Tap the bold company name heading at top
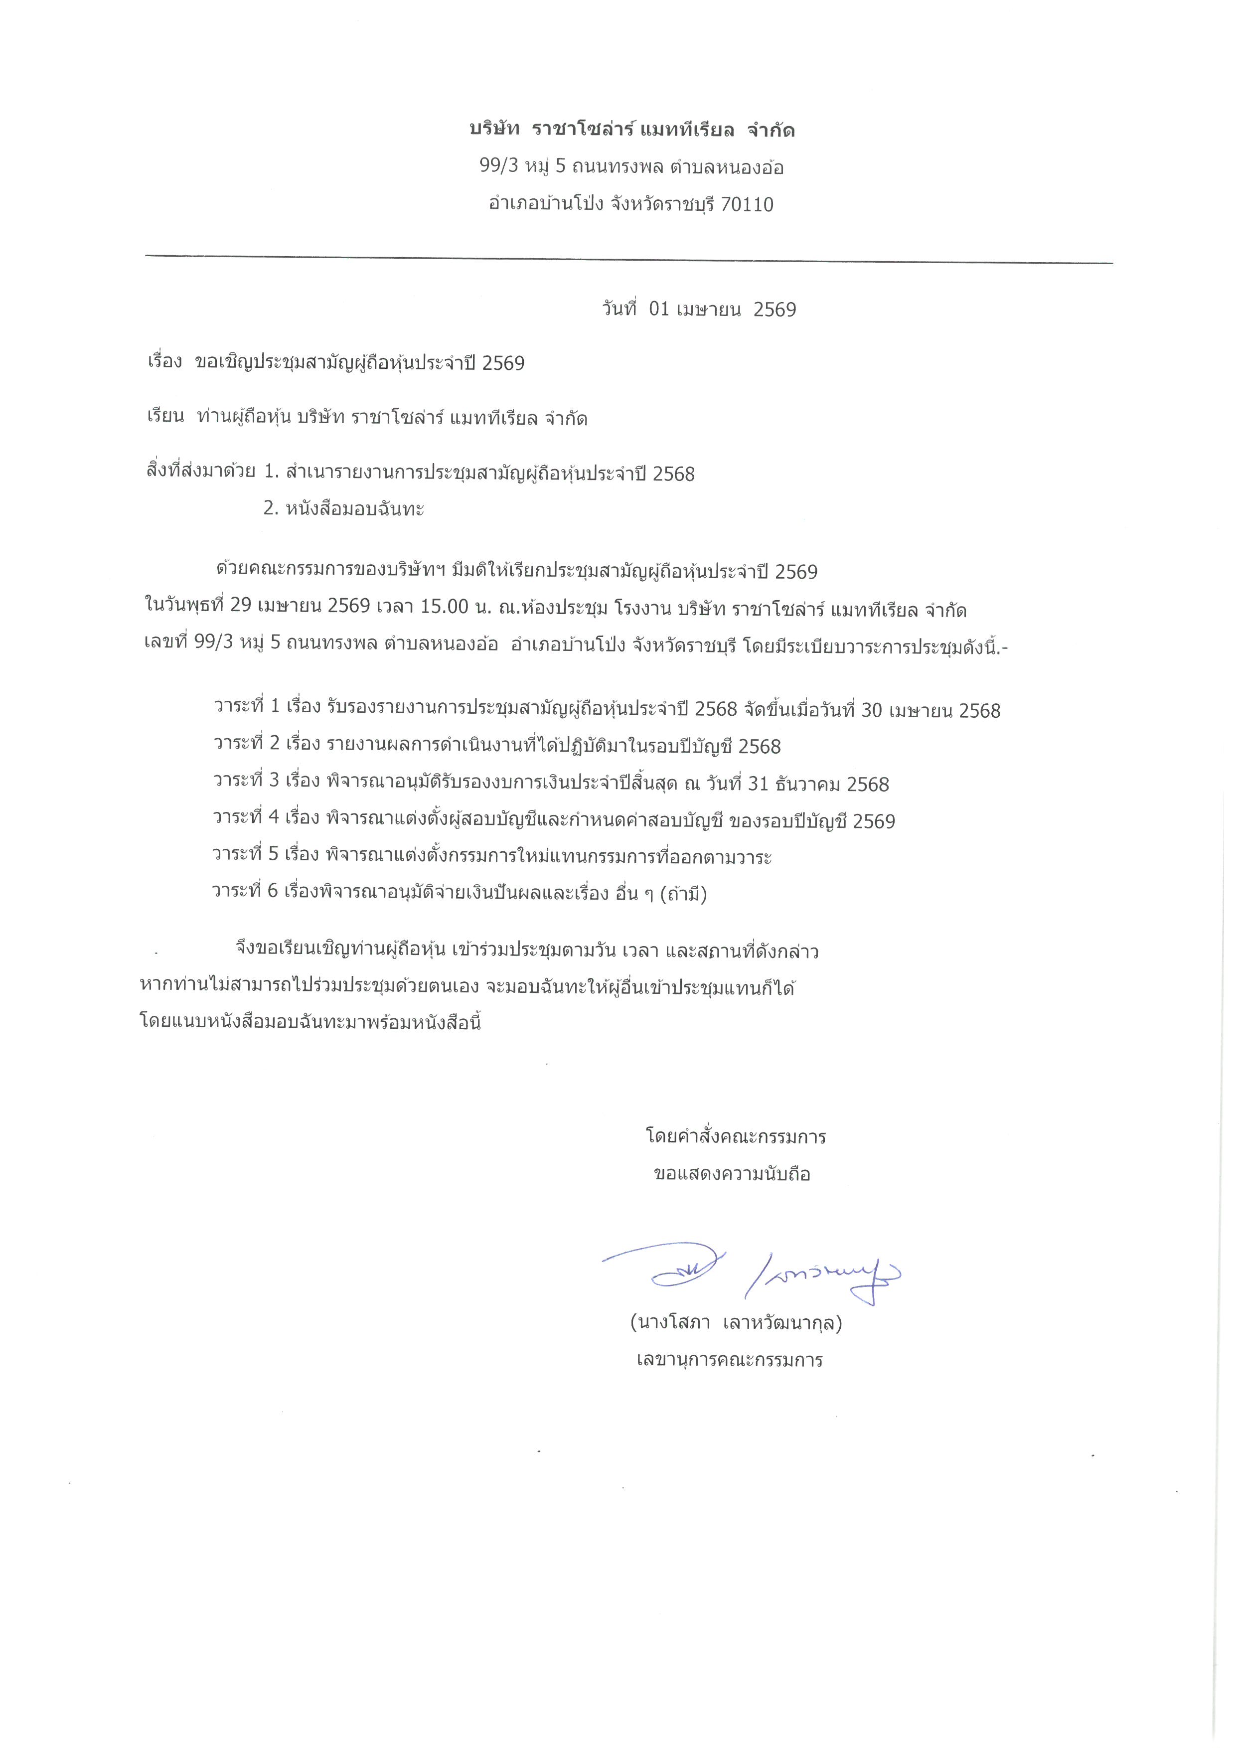(631, 130)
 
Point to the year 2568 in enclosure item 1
(673, 475)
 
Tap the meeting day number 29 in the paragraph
(241, 609)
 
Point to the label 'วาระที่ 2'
(247, 745)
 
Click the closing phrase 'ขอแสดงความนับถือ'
(732, 1173)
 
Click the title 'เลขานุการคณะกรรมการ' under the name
(730, 1360)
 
